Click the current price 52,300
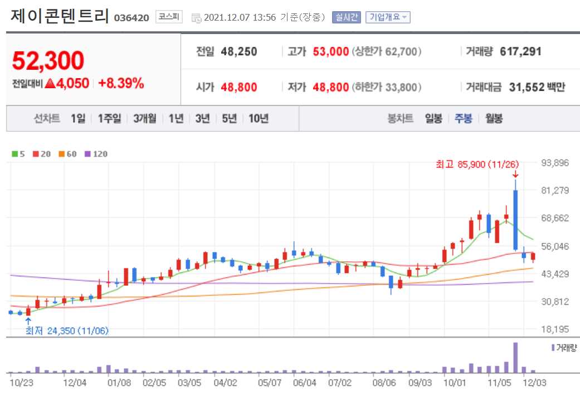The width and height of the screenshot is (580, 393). [48, 60]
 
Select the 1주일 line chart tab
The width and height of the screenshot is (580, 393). [109, 118]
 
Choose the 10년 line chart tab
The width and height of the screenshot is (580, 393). [259, 118]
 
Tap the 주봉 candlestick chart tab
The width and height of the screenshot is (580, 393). [463, 118]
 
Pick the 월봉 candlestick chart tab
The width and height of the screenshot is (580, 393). [494, 118]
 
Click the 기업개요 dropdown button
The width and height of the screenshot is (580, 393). [388, 17]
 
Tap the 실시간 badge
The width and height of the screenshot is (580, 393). [347, 17]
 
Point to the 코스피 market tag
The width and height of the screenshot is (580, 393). [169, 17]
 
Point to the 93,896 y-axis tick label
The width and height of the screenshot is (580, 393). [555, 163]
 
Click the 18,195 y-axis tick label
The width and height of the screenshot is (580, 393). [555, 329]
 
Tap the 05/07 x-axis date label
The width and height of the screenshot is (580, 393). [270, 383]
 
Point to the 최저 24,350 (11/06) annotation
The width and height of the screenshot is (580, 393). [67, 330]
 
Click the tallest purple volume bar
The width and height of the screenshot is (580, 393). [515, 357]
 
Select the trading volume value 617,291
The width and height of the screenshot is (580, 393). [520, 52]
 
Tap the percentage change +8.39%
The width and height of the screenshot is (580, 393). [121, 84]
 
